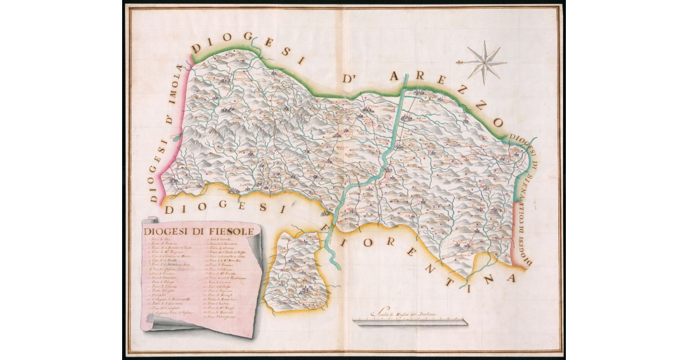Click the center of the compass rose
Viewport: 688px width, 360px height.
pyautogui.click(x=484, y=62)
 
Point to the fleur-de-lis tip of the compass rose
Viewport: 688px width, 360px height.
pyautogui.click(x=459, y=62)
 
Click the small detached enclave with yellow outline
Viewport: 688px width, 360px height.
pyautogui.click(x=296, y=269)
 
